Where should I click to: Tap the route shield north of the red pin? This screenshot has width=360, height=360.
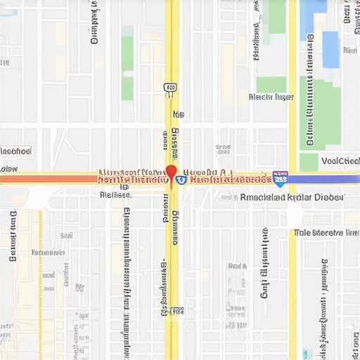pos(169,87)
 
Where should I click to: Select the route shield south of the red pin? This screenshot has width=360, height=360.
pos(177,310)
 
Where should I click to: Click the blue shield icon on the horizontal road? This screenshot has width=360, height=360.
pos(280,179)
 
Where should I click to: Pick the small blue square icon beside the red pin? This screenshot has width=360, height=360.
pos(181,180)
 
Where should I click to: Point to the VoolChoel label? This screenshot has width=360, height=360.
pos(340,161)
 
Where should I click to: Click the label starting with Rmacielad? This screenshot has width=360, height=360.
pos(292,198)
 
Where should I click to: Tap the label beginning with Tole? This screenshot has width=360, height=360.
pos(326,232)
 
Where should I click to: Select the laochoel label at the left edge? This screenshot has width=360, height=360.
pos(15,151)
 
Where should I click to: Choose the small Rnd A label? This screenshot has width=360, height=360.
pos(237,266)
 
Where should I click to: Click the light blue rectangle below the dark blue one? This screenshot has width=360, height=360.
pos(330,49)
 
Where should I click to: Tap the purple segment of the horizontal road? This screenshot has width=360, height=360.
pos(324,179)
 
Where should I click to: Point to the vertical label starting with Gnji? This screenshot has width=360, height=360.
pos(265,264)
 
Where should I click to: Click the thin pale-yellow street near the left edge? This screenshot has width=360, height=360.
pos(41,281)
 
